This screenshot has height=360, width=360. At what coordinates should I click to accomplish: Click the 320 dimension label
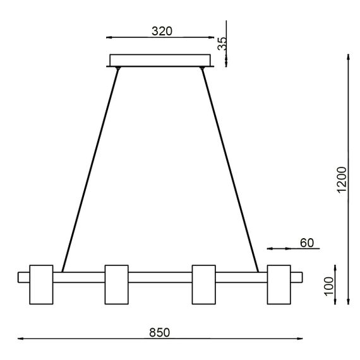click(162, 30)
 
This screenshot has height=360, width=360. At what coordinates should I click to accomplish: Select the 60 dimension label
click(307, 242)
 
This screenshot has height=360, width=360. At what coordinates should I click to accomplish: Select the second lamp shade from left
click(116, 284)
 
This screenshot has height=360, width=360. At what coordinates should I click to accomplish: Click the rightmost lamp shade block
click(279, 284)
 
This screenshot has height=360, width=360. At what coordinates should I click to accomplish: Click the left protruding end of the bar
click(24, 277)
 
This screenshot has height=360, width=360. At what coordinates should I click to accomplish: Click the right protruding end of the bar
click(297, 277)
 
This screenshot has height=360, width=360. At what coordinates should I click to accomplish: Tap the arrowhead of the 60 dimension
click(270, 247)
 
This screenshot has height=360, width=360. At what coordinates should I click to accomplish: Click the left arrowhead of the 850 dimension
click(20, 340)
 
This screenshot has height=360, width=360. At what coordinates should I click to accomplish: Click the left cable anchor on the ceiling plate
click(118, 68)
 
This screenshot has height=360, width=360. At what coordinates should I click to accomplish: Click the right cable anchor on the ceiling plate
click(203, 68)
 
